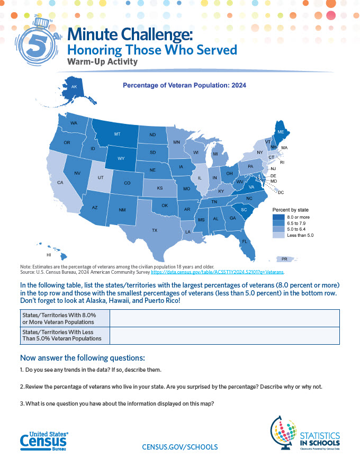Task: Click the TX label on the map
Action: tap(155, 230)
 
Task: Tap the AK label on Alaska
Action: tap(74, 87)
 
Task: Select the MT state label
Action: tap(117, 134)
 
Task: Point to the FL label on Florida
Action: tap(245, 241)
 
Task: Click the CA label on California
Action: tap(60, 183)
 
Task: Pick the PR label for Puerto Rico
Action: tap(284, 259)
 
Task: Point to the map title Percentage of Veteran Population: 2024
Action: tap(184, 85)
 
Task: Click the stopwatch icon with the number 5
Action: tap(40, 42)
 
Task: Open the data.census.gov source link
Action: tap(218, 272)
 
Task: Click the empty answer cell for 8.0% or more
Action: tap(224, 318)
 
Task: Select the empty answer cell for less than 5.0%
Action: tap(224, 336)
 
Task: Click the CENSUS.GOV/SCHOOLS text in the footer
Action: tap(180, 447)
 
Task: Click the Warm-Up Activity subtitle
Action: tap(102, 62)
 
